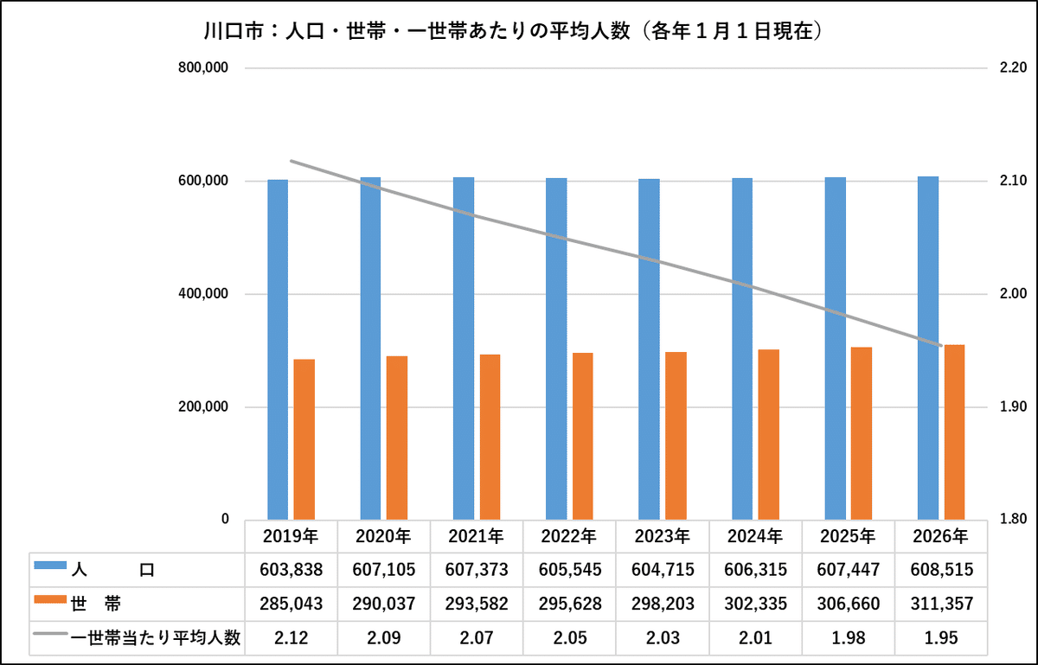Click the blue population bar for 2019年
[x=278, y=349]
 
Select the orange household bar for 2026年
[x=955, y=432]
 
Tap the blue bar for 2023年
[x=649, y=349]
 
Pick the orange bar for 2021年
[x=490, y=437]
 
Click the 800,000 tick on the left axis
[x=203, y=67]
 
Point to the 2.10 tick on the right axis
[x=1014, y=180]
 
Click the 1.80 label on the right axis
[x=1014, y=519]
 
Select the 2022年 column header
[x=569, y=536]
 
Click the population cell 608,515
[x=942, y=570]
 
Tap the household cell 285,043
[x=291, y=604]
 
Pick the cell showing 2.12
[x=291, y=638]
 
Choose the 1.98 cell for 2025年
[x=848, y=638]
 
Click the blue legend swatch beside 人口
[x=50, y=565]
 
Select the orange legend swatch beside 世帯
[x=50, y=599]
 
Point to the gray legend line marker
[x=50, y=633]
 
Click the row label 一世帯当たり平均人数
[x=156, y=638]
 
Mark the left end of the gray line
[x=291, y=161]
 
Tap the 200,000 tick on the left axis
[x=203, y=406]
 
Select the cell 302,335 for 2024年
[x=755, y=604]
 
